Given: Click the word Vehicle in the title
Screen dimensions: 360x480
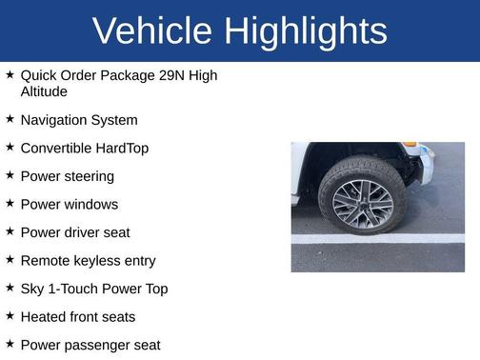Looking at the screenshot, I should [152, 31].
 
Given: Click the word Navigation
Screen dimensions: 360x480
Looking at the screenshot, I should [55, 120].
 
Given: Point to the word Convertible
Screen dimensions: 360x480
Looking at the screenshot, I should [59, 149].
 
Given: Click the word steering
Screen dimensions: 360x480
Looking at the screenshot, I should [89, 176].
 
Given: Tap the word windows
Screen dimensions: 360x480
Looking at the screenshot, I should [90, 205].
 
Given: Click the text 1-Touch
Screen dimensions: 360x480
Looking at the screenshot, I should [78, 289].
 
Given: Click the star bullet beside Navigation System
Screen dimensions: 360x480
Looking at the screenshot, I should [10, 119].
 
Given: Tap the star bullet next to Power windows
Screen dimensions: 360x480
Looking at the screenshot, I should [10, 204].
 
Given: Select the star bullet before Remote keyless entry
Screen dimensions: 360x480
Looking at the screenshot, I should [10, 260].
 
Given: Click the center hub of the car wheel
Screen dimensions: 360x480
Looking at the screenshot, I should [363, 198].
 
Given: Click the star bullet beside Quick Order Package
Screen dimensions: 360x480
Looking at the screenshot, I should [10, 74].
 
